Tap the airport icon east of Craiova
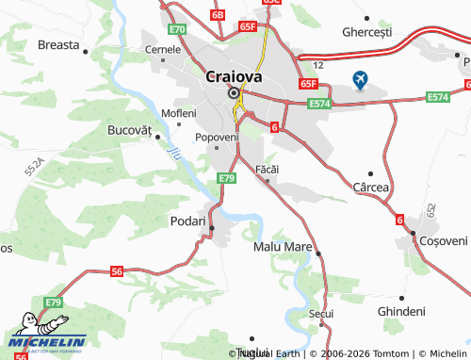pyautogui.click(x=361, y=79)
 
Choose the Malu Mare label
pyautogui.click(x=283, y=246)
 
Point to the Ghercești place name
pyautogui.click(x=366, y=32)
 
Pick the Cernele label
pyautogui.click(x=162, y=49)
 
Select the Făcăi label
pyautogui.click(x=269, y=169)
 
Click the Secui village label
pyautogui.click(x=320, y=313)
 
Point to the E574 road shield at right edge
pyautogui.click(x=438, y=97)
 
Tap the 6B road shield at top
pyautogui.click(x=218, y=15)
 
